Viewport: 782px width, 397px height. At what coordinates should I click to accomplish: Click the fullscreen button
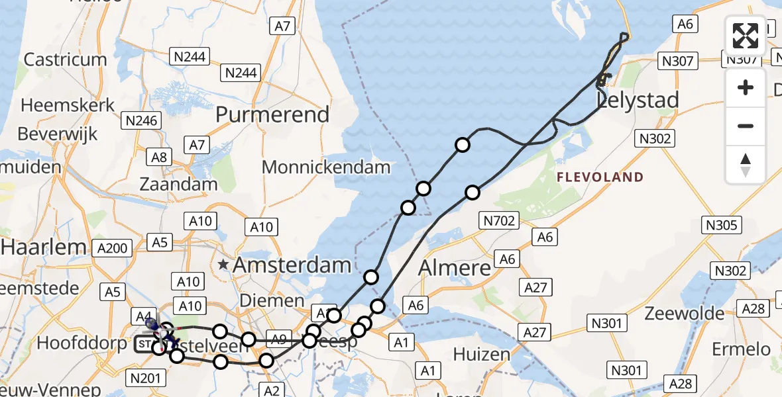click(x=746, y=36)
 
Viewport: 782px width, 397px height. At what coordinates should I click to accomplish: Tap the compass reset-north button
click(x=746, y=165)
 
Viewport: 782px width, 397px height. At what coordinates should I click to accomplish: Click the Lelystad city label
click(x=638, y=101)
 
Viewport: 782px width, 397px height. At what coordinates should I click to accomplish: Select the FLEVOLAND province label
click(x=600, y=177)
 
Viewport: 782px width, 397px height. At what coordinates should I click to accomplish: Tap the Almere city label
click(x=455, y=268)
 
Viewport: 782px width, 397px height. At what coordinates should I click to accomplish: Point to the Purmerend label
click(x=272, y=114)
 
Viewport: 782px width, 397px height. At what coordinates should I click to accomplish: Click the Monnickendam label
click(x=326, y=167)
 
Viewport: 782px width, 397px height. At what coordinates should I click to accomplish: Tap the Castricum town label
click(x=65, y=60)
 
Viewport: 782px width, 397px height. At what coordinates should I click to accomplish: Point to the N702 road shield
click(x=499, y=221)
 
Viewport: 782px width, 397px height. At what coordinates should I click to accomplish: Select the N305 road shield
click(x=722, y=226)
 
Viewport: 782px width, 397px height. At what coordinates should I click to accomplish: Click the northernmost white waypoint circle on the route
click(x=463, y=145)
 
